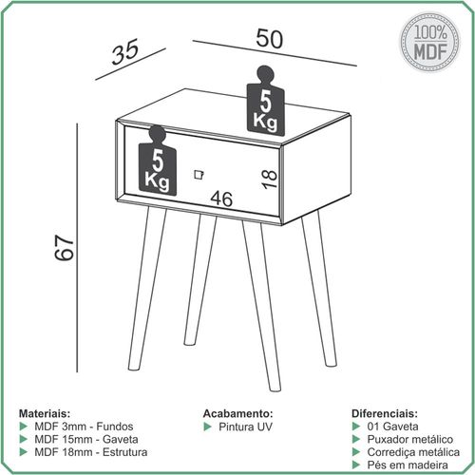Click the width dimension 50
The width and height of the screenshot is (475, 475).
tap(269, 39)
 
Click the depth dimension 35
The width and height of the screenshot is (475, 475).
tap(125, 51)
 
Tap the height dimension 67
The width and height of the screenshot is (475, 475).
tap(65, 247)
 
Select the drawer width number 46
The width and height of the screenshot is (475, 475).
tap(221, 199)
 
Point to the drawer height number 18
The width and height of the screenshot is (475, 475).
tap(269, 179)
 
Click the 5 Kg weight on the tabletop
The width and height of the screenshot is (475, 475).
tap(265, 102)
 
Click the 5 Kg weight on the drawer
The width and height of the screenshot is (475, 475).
tap(158, 161)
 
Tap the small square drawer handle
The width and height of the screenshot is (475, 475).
tap(199, 175)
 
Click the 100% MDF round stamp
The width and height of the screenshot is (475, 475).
tap(430, 42)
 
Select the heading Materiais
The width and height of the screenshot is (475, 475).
tap(45, 413)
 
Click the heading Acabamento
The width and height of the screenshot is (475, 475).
tap(237, 413)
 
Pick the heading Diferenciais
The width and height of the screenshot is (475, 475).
tap(385, 413)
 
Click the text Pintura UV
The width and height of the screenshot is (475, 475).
tap(245, 427)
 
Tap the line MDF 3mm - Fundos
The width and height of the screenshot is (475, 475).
tap(84, 427)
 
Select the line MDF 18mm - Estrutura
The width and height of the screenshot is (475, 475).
tap(91, 452)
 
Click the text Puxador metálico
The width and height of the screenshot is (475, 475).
tap(410, 439)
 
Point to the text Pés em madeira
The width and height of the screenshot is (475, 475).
tap(408, 465)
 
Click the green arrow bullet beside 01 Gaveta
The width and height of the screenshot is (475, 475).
tap(356, 427)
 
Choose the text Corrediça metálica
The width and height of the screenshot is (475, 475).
tap(413, 452)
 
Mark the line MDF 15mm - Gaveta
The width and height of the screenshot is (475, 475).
tap(86, 439)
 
